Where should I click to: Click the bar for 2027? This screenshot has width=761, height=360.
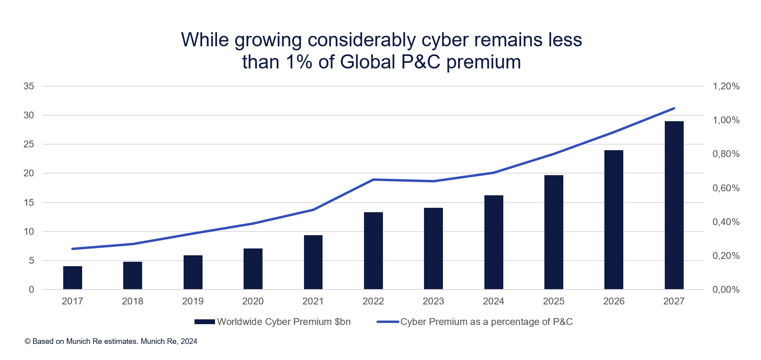point(674,205)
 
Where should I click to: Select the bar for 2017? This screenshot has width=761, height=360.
point(72,278)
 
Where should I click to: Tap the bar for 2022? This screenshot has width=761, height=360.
point(373,250)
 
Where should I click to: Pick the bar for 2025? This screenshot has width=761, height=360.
point(554,232)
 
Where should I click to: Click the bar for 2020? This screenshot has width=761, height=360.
point(253,269)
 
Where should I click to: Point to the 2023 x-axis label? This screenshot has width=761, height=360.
point(433,301)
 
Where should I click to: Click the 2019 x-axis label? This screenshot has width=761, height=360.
point(193,301)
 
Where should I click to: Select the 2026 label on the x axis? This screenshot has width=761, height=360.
point(614,301)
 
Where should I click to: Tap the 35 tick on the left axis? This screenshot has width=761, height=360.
point(29,86)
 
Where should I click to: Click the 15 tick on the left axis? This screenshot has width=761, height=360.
point(29,203)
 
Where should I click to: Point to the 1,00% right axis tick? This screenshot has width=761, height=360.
point(726,120)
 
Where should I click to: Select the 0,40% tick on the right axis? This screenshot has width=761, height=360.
point(726,222)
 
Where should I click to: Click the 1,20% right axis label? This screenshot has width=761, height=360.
point(726,86)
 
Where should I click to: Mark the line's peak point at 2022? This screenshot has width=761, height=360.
point(373,180)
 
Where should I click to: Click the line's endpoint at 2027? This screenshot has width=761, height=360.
point(674,108)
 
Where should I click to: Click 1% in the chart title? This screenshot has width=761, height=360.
point(299,62)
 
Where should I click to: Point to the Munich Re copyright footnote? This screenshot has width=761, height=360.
point(111,341)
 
